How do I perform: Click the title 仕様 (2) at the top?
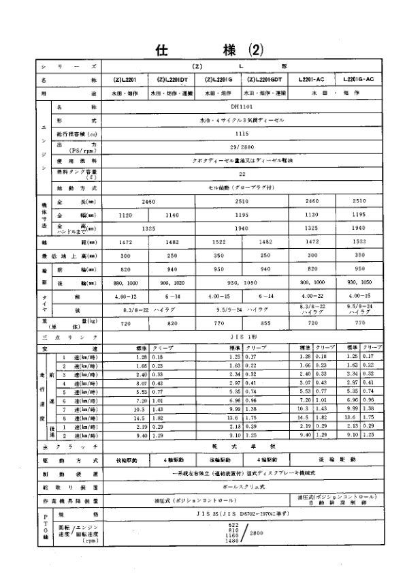pos(204,50)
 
